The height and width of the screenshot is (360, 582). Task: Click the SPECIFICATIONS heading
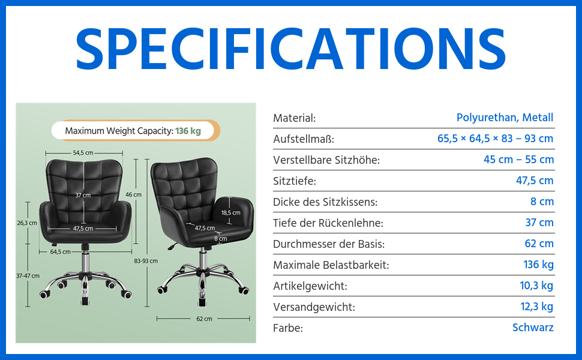[290, 49]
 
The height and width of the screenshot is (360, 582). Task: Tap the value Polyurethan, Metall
[505, 118]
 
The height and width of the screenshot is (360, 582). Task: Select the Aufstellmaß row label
[304, 139]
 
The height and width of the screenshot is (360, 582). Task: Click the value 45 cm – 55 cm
[518, 160]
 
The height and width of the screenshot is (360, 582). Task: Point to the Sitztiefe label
[295, 181]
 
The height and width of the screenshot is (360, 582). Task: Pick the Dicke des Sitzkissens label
[325, 202]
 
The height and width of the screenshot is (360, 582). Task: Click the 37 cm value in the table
[539, 223]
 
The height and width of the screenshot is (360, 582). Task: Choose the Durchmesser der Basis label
[329, 244]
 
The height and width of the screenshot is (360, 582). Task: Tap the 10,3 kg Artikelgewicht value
[536, 286]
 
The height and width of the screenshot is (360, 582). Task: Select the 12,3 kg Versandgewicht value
[537, 307]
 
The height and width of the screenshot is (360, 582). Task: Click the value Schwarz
[533, 328]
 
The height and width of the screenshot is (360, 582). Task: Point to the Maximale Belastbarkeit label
[331, 265]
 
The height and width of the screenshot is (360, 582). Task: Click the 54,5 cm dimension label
[83, 153]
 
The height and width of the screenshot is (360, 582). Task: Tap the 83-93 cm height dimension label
[146, 261]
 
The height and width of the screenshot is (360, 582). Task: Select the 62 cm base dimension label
[204, 319]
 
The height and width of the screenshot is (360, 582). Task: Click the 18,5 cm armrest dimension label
[231, 212]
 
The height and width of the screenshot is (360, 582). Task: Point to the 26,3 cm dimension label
[27, 223]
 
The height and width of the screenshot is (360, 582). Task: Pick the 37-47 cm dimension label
[28, 276]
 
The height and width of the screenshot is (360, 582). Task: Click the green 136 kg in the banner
[188, 131]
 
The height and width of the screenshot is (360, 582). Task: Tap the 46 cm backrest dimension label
[133, 194]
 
